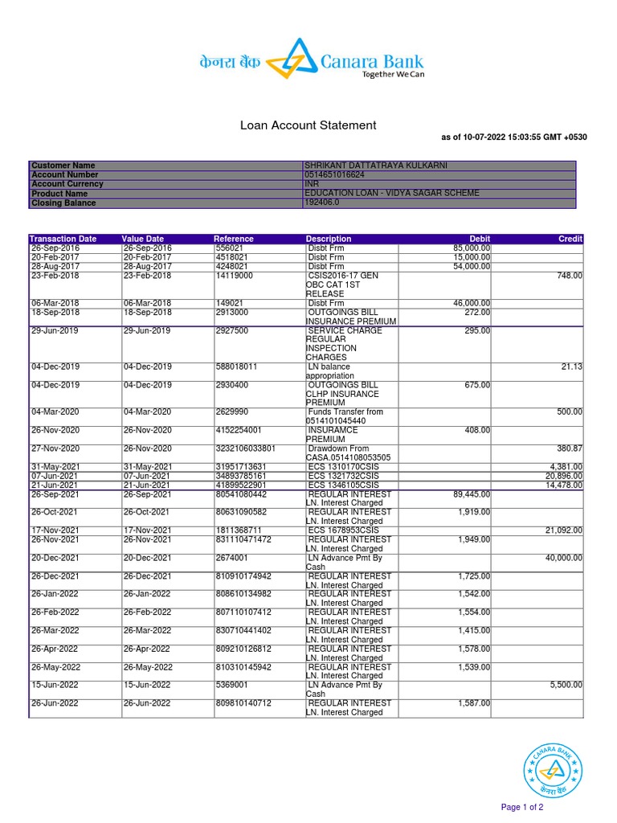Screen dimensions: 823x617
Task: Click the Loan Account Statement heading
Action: pyautogui.click(x=308, y=125)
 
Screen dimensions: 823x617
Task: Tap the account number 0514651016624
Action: pyautogui.click(x=335, y=174)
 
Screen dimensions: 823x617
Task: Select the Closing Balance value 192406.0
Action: pyautogui.click(x=322, y=203)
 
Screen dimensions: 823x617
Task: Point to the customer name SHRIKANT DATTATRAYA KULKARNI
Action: pyautogui.click(x=376, y=166)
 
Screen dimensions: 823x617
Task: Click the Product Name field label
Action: pyautogui.click(x=59, y=194)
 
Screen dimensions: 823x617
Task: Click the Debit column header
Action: pyautogui.click(x=480, y=239)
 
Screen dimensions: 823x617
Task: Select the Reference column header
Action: pyautogui.click(x=233, y=239)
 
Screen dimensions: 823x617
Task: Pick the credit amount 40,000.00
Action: pyautogui.click(x=564, y=558)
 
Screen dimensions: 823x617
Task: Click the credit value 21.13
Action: pyautogui.click(x=572, y=367)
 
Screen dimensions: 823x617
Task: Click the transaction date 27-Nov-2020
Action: pyautogui.click(x=55, y=448)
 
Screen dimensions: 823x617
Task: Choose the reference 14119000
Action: pyautogui.click(x=234, y=276)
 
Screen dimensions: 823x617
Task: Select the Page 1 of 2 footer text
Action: pyautogui.click(x=522, y=807)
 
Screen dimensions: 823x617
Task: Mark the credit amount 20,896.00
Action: pyautogui.click(x=564, y=476)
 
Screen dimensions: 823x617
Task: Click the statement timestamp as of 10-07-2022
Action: pyautogui.click(x=514, y=137)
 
